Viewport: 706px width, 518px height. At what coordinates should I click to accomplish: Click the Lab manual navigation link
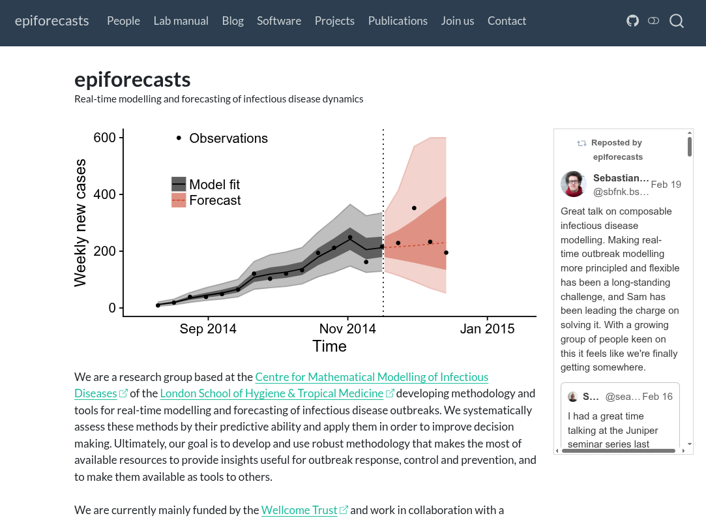[x=181, y=21]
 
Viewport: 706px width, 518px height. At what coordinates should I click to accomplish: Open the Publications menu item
[x=398, y=21]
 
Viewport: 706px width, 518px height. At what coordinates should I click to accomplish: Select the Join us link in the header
[x=457, y=21]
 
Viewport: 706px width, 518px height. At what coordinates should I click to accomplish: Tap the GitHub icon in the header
[x=632, y=21]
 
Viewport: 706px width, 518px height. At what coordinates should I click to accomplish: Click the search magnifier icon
[x=677, y=21]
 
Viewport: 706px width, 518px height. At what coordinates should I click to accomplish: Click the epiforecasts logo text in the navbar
[x=51, y=21]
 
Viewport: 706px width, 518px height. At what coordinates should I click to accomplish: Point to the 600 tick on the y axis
[x=104, y=138]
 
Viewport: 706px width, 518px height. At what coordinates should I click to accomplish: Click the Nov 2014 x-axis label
[x=347, y=329]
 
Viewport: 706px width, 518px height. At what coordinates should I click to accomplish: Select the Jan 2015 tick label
[x=487, y=329]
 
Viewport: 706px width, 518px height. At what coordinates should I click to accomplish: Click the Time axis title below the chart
[x=329, y=346]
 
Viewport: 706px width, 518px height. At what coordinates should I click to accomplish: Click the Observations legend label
[x=228, y=138]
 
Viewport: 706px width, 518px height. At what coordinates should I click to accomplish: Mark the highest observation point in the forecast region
[x=414, y=208]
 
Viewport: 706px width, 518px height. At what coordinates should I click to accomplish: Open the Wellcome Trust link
[x=299, y=510]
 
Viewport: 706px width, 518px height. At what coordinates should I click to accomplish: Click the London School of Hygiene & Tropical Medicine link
[x=271, y=393]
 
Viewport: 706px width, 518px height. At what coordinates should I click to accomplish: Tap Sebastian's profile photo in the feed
[x=574, y=184]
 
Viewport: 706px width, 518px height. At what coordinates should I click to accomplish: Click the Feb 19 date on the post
[x=666, y=185]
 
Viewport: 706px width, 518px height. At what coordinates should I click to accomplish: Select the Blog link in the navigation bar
[x=233, y=21]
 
